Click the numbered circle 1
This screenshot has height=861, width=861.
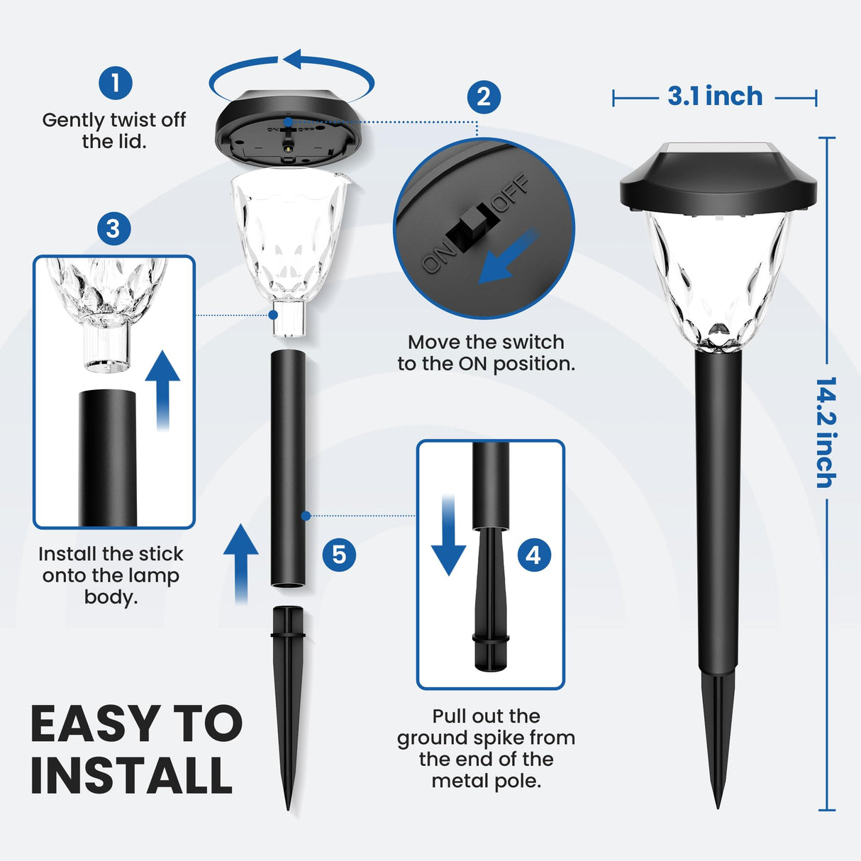[x=116, y=83]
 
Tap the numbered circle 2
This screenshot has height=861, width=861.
[x=484, y=97]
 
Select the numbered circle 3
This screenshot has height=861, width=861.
[x=113, y=229]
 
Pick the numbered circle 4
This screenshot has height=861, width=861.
[x=533, y=555]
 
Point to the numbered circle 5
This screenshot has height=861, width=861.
[x=339, y=554]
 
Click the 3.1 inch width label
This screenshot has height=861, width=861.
[x=715, y=96]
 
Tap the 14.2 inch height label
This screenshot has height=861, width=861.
[x=826, y=432]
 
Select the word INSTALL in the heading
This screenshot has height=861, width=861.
[x=132, y=775]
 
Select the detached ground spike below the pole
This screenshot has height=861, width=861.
[x=288, y=695]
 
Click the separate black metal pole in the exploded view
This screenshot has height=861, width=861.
[x=288, y=468]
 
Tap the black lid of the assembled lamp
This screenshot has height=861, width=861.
[x=718, y=182]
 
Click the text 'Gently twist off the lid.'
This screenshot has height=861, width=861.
[x=114, y=130]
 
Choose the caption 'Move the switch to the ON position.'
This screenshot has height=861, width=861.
[x=486, y=353]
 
